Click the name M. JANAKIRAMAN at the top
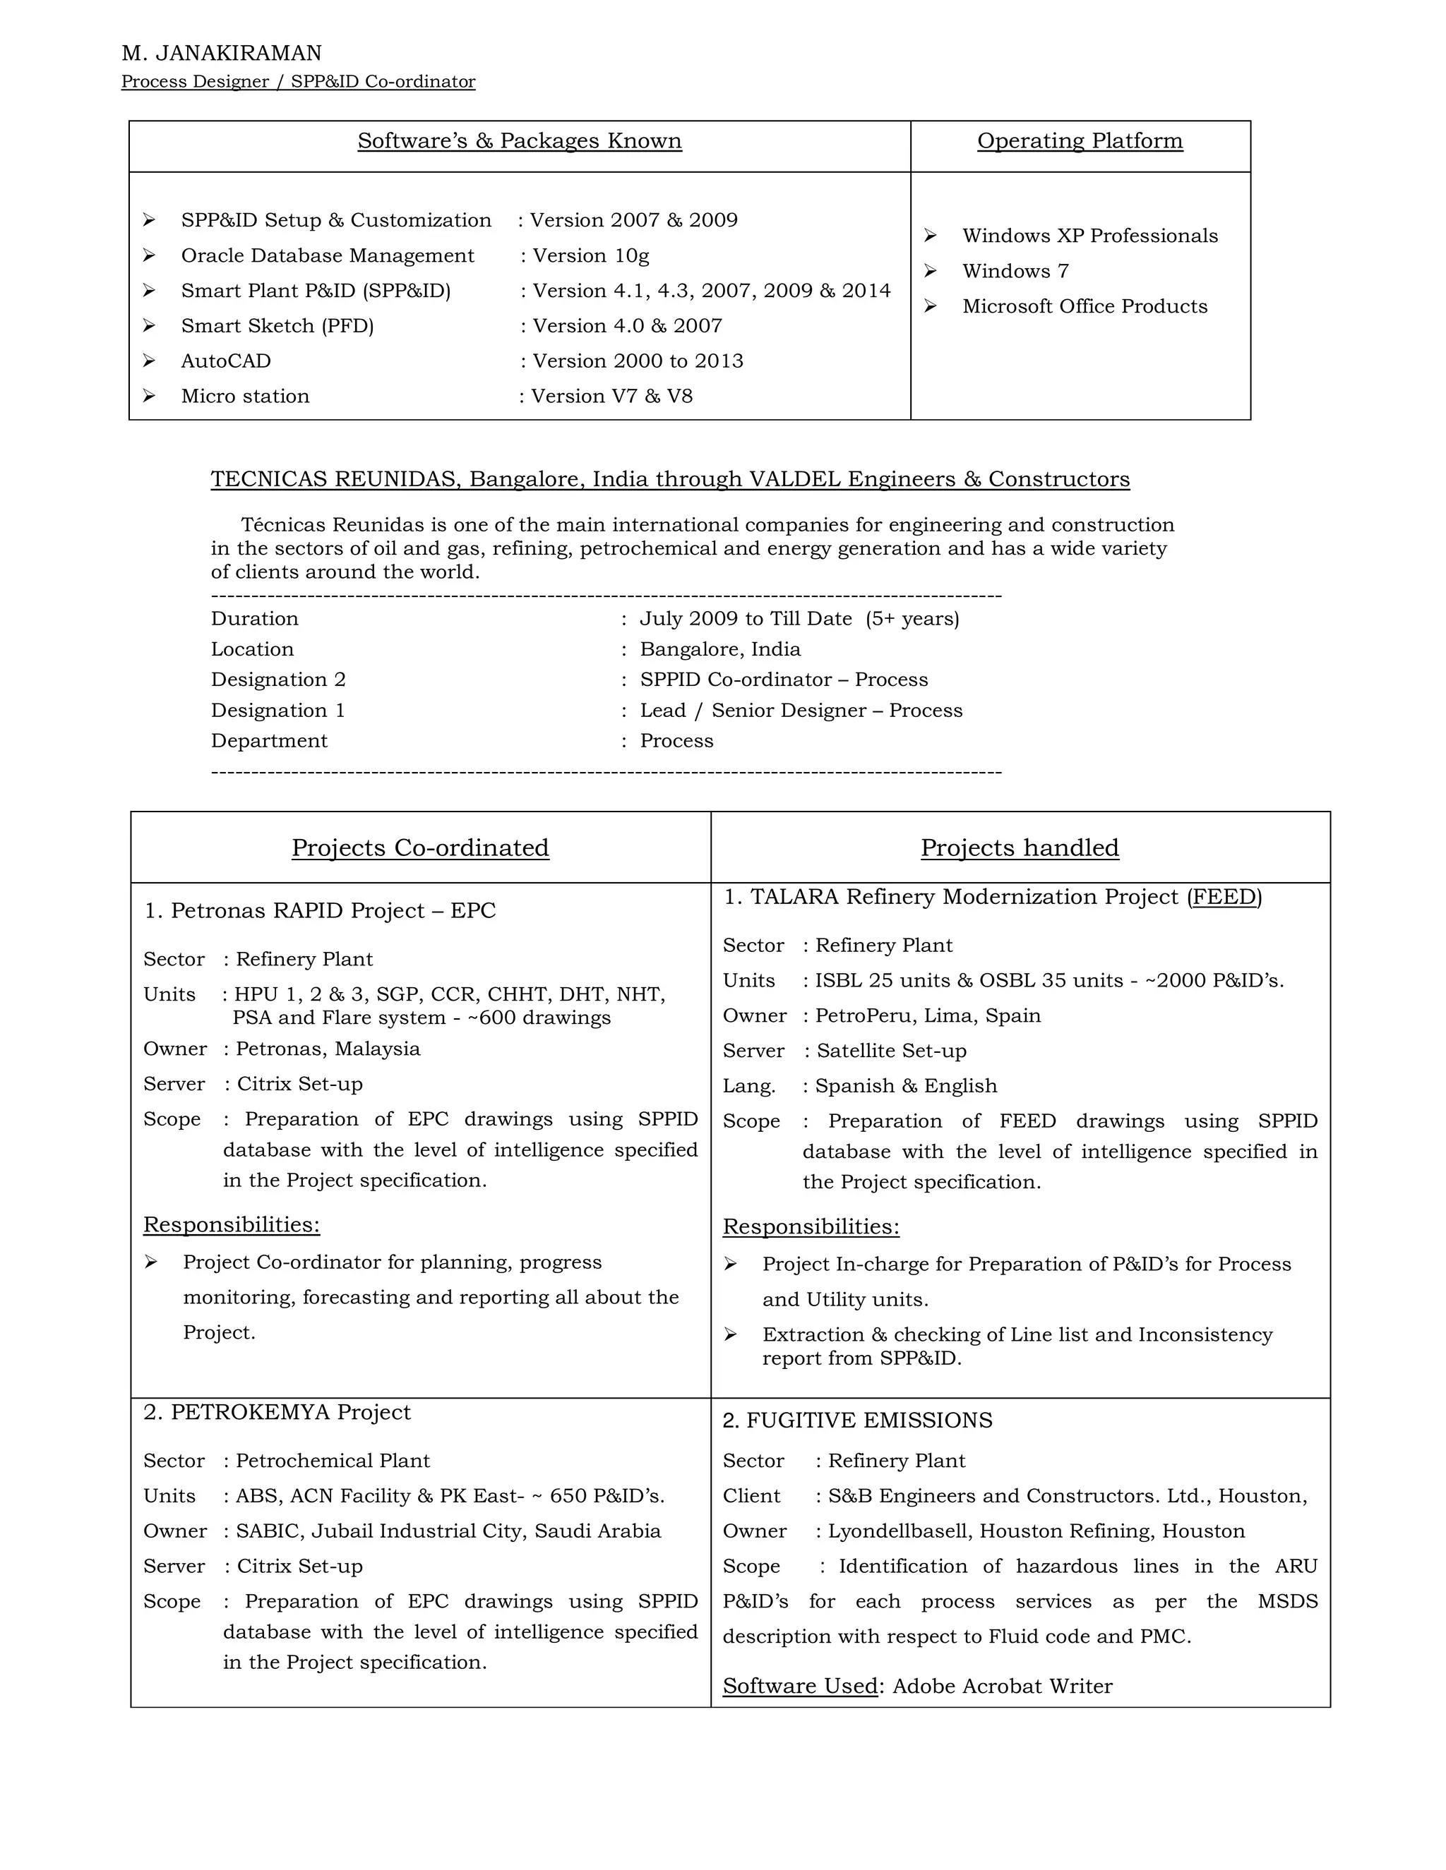point(221,53)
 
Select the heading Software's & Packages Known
point(519,141)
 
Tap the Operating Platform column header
point(1080,141)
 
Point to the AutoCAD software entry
point(226,361)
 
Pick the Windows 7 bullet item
point(1015,272)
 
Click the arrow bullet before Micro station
point(149,396)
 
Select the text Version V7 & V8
point(611,397)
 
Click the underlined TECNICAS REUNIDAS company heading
point(670,479)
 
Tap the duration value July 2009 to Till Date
point(746,619)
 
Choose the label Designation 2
point(278,680)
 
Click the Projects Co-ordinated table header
point(420,847)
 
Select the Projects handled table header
point(1020,847)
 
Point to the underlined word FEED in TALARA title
point(1224,898)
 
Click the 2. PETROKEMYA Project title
point(277,1413)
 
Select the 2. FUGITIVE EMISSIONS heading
point(856,1420)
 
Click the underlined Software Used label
point(800,1687)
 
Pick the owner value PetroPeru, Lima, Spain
point(928,1016)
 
